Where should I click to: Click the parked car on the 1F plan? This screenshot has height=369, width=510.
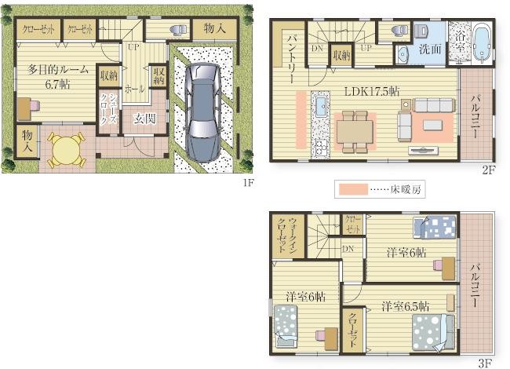tap(202, 112)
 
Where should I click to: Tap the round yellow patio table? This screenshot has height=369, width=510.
tap(66, 150)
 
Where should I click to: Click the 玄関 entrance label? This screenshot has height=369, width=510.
tap(144, 119)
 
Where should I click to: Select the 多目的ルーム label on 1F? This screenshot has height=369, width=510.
tap(57, 70)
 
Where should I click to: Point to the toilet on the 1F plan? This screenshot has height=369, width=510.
tap(177, 30)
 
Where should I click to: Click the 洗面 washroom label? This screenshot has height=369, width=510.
tap(430, 49)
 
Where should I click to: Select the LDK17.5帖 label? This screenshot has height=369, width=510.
tap(372, 91)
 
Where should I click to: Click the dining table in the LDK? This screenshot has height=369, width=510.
tap(355, 132)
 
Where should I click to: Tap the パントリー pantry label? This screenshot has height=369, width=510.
tap(291, 57)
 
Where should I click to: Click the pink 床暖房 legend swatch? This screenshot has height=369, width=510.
tap(353, 189)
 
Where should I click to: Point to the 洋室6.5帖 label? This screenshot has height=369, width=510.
tap(406, 306)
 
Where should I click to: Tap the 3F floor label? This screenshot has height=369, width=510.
tap(485, 363)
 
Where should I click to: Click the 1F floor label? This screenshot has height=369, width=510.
tap(248, 183)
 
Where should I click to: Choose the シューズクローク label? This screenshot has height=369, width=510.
tap(108, 110)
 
